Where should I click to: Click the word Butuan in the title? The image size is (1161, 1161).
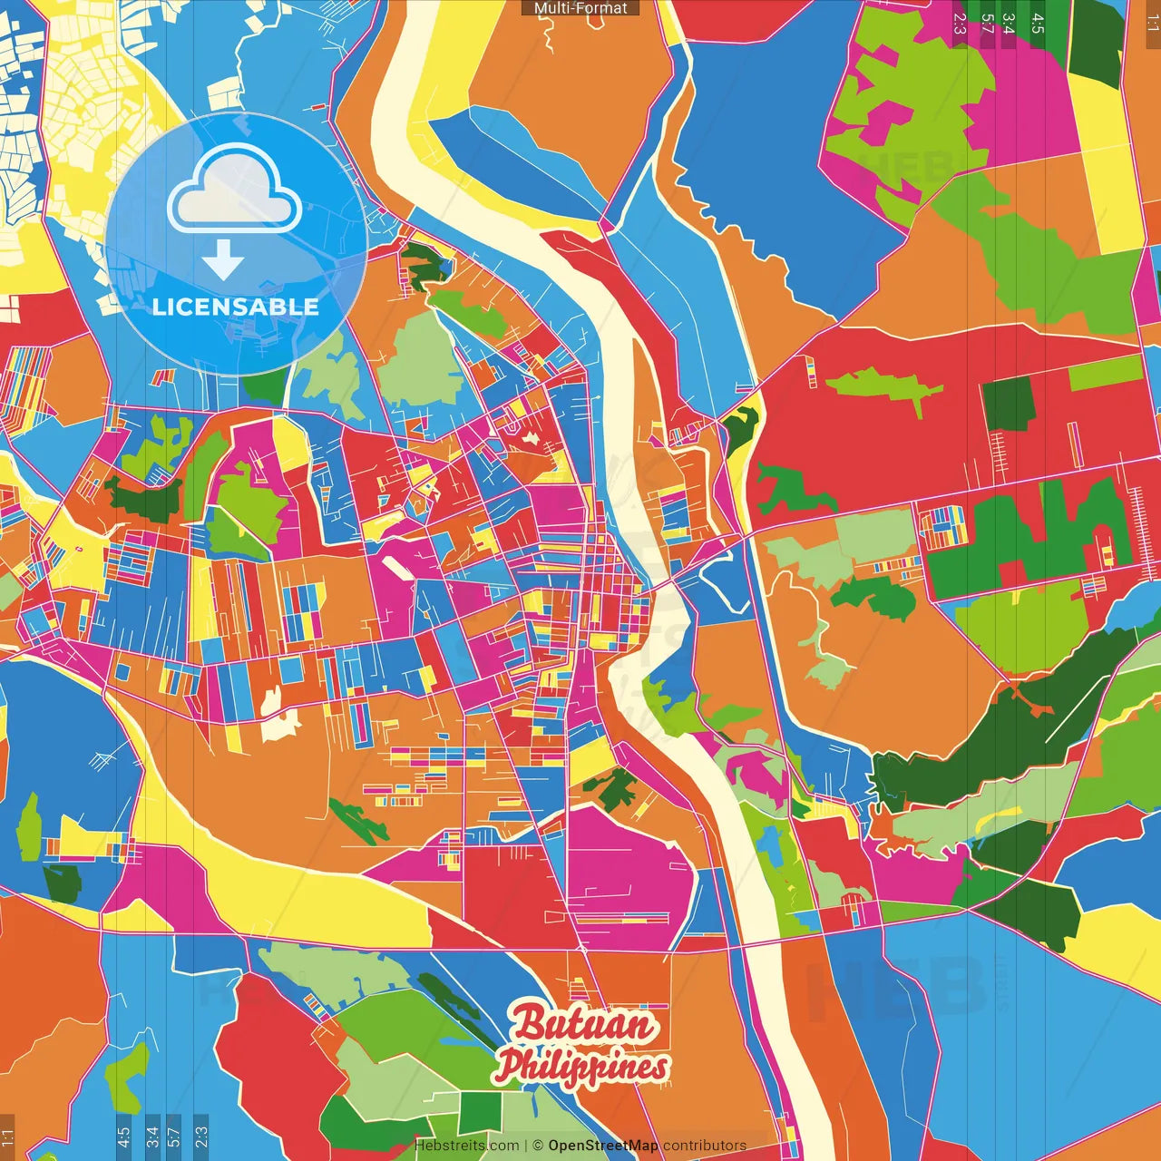point(584,1024)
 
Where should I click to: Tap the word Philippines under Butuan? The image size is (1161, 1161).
point(582,1067)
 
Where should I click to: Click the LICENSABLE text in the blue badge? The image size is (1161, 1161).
point(236,307)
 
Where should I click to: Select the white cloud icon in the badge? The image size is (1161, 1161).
point(235,190)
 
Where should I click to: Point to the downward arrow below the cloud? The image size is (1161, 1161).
point(223,260)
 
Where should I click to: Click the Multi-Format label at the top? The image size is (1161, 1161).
point(580,8)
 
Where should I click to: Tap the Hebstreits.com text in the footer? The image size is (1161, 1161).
point(466,1146)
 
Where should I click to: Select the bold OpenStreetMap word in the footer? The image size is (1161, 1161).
point(602,1146)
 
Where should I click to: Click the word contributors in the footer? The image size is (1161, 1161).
point(705,1146)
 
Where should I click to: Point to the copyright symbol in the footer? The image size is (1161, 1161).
point(537,1146)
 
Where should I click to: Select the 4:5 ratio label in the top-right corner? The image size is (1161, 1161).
point(1038,23)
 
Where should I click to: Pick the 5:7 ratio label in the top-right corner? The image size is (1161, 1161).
point(987,23)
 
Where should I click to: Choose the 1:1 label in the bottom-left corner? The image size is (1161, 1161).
point(7,1137)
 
